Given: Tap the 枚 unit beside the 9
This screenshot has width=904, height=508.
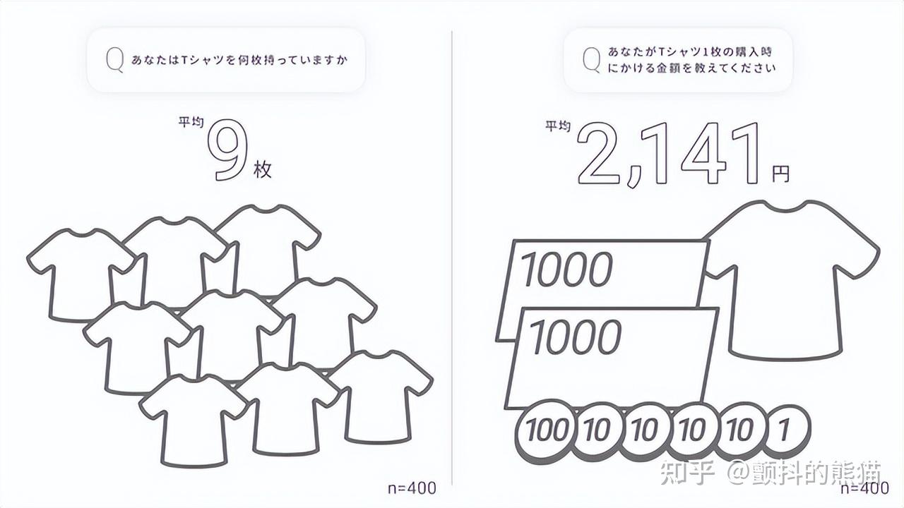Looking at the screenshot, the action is tap(262, 169).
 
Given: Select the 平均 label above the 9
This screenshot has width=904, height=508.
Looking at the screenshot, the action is tap(191, 122).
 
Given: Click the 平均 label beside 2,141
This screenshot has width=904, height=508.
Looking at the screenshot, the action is tap(558, 126).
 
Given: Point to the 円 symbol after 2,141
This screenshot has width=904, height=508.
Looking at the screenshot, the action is tap(780, 174).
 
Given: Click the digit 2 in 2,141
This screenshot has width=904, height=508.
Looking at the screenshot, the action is tap(598, 154).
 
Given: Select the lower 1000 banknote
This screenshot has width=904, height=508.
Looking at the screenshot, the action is tap(612, 358).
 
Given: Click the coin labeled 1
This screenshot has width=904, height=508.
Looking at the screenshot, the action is tap(783, 430).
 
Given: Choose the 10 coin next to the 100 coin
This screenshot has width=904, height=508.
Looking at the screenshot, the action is tap(597, 431).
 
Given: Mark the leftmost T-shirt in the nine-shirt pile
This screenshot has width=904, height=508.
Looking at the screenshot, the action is tap(81, 275).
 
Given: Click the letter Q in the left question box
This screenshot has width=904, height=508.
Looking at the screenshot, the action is tap(114, 61).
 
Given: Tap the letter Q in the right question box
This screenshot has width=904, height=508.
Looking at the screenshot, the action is tap(592, 60).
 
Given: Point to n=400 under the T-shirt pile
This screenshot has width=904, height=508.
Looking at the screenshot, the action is tap(412, 488).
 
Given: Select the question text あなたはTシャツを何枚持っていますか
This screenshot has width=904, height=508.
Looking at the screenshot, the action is tap(239, 61).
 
